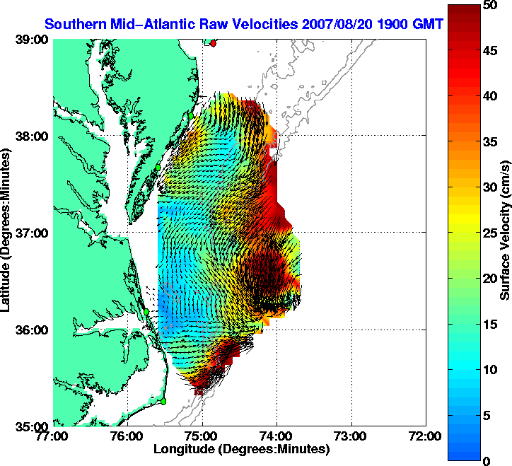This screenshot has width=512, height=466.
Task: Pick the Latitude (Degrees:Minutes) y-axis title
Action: pos(7,233)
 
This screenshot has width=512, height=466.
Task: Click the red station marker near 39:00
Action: pos(214,43)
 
